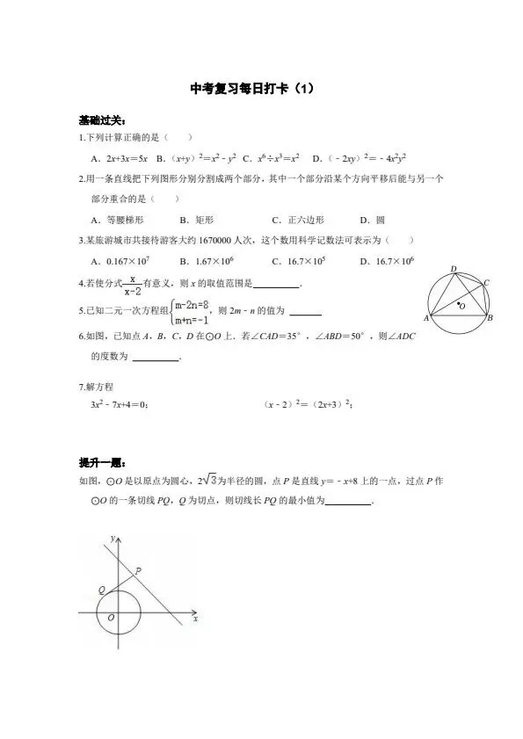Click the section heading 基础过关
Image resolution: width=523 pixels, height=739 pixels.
tap(96, 120)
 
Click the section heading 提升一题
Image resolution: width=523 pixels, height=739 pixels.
tap(96, 462)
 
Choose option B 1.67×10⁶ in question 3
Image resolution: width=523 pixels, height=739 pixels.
tap(205, 261)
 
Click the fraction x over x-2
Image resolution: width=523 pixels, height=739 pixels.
tap(131, 283)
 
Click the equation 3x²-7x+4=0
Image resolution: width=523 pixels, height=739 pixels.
tap(119, 404)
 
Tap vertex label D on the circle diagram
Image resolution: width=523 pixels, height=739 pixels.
tap(453, 268)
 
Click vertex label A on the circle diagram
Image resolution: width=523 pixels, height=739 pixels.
tap(425, 318)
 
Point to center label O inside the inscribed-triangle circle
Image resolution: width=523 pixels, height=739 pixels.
tap(463, 307)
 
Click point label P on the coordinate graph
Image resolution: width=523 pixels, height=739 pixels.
tap(137, 571)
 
